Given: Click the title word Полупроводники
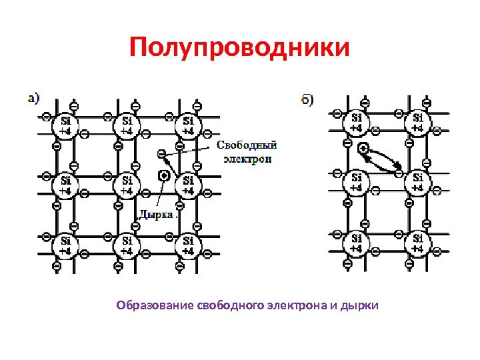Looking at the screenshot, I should [239, 48].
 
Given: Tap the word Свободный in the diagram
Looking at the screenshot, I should [247, 145].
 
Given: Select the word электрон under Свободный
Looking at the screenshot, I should [247, 159].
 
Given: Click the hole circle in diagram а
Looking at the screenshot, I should [163, 176].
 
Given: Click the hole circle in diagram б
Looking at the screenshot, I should [363, 148].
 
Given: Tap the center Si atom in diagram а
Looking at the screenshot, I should [127, 185].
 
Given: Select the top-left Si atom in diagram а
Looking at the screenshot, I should [65, 126].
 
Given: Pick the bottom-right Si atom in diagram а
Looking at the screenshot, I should [188, 245].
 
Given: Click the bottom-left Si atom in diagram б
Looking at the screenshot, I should [357, 243].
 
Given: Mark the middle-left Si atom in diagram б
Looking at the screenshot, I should [357, 183].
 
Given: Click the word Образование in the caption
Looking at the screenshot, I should [155, 306].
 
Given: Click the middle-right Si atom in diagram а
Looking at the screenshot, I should [188, 185].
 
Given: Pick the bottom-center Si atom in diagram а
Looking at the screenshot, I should [127, 245].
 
